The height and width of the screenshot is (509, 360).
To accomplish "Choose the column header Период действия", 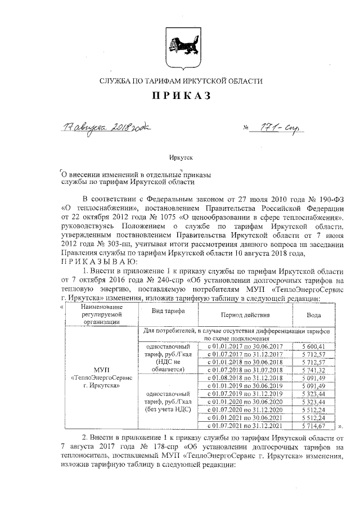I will coord(245,316).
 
